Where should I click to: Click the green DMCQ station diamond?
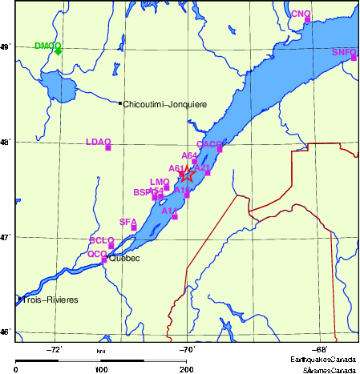[x=59, y=50]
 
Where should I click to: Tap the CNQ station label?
[x=300, y=14]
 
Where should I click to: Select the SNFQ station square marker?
[x=354, y=58]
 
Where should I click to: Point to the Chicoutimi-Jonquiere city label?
[x=165, y=104]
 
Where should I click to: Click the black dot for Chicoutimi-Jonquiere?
[x=120, y=103]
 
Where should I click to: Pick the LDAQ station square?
[x=108, y=147]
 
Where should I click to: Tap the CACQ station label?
[x=208, y=143]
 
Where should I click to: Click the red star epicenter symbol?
[x=186, y=174]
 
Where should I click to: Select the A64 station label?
[x=189, y=155]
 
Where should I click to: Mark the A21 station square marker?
[x=208, y=172]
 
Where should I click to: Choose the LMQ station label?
[x=159, y=182]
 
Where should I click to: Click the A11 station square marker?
[x=175, y=216]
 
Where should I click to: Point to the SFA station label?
[x=127, y=222]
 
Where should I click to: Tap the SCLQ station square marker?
[x=111, y=246]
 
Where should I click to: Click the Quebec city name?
[x=124, y=259]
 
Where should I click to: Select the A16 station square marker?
[x=187, y=195]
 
